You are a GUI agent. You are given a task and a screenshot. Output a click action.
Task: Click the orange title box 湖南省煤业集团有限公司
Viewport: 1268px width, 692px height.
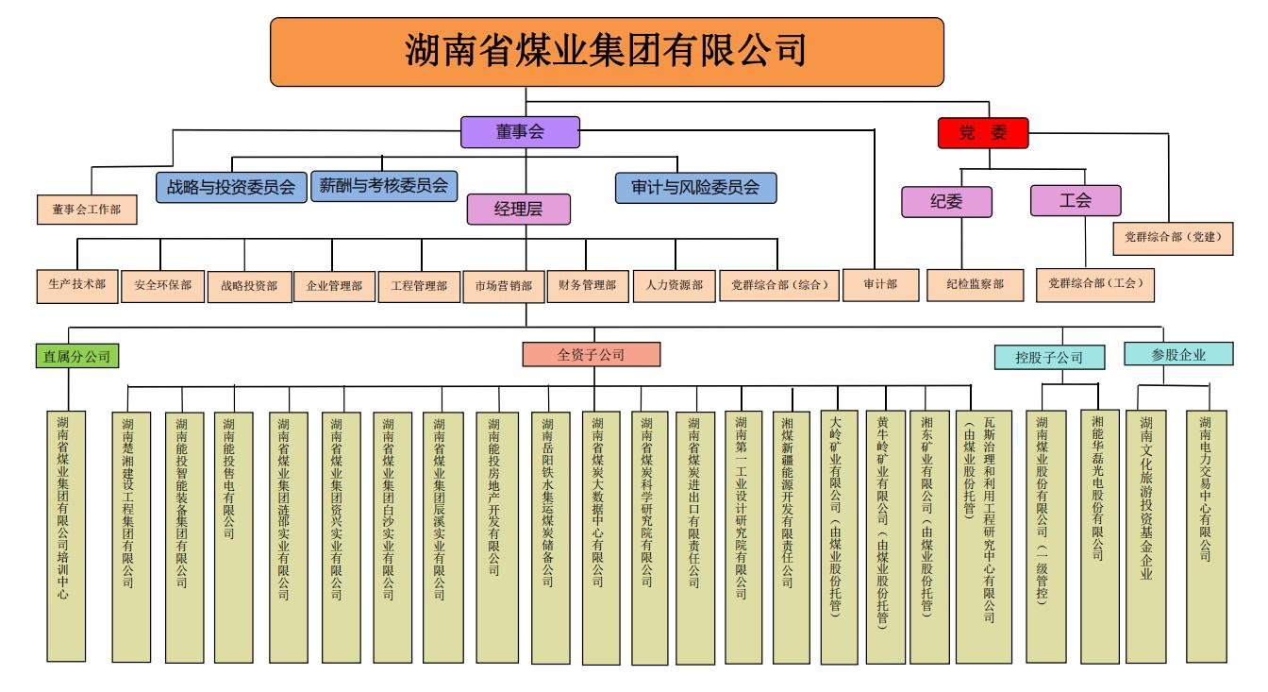(607, 52)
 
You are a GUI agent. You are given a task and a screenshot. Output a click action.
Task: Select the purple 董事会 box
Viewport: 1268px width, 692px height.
(520, 132)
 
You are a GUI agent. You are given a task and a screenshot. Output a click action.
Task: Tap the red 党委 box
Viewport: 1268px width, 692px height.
(982, 133)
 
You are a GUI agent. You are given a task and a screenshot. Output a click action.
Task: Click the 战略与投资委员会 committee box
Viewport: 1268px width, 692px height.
(231, 187)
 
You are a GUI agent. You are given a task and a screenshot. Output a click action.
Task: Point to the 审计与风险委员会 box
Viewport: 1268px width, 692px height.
(695, 187)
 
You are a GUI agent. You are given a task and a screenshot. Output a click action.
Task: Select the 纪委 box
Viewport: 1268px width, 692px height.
(946, 201)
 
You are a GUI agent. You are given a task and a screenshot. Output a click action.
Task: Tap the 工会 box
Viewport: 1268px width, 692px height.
(1076, 200)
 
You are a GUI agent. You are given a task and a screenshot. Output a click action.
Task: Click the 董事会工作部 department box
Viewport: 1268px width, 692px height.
(87, 210)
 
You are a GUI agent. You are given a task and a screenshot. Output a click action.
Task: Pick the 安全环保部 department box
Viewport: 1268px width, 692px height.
(163, 285)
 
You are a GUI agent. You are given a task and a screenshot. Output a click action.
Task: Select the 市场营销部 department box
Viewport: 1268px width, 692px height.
(503, 285)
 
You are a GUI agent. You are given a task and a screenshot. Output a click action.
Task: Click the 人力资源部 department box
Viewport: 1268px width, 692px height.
(674, 284)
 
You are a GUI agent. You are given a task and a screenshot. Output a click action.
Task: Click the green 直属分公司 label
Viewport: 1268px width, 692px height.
(77, 357)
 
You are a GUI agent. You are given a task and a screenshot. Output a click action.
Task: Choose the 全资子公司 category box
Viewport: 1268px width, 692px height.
(592, 355)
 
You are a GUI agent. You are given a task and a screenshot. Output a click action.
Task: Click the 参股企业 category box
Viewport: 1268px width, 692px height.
(1178, 355)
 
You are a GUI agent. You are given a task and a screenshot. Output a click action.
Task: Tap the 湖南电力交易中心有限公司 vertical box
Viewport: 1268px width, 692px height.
(1206, 534)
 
